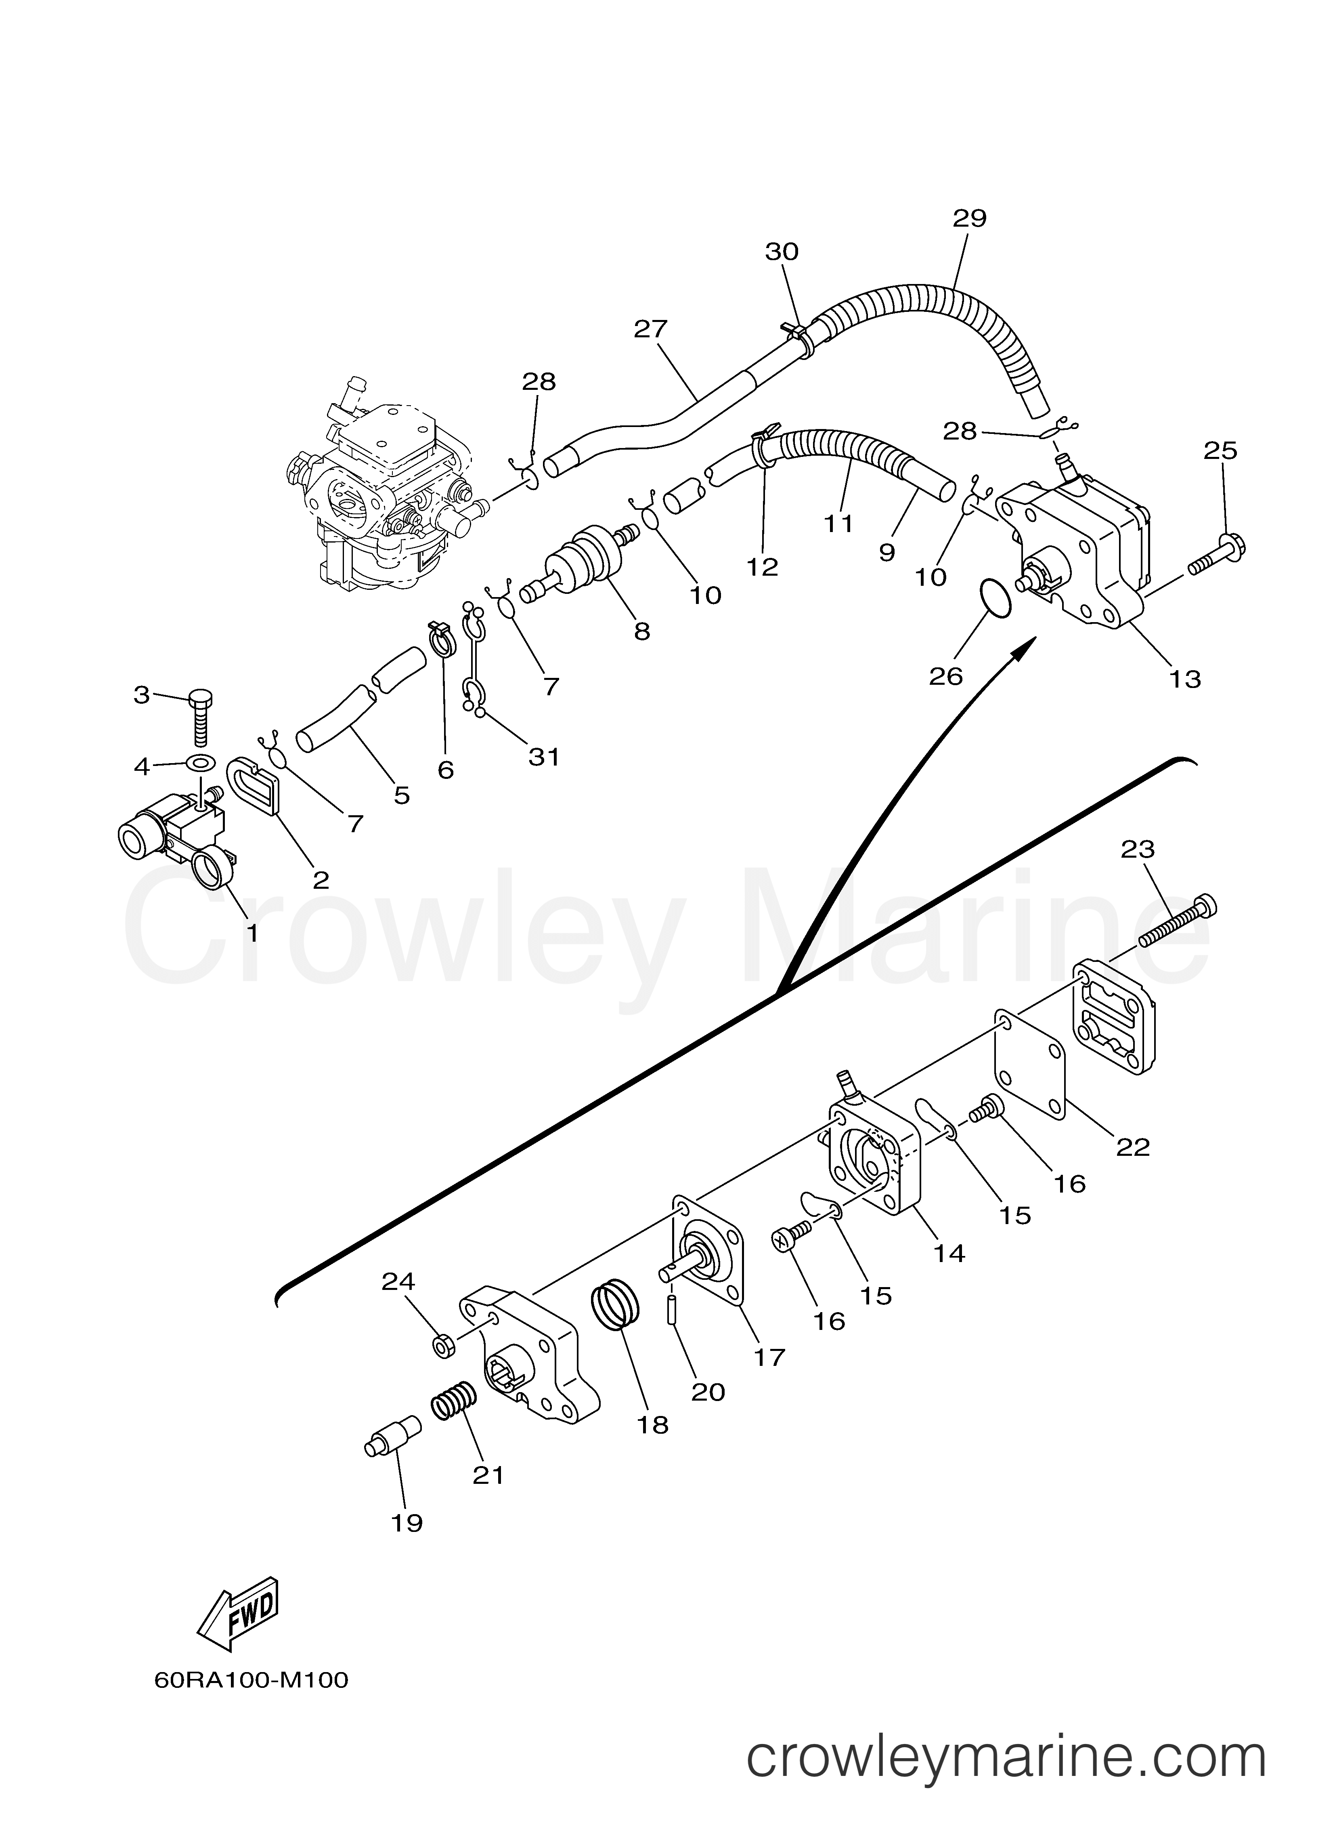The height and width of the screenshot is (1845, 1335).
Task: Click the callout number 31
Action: pyautogui.click(x=544, y=757)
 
